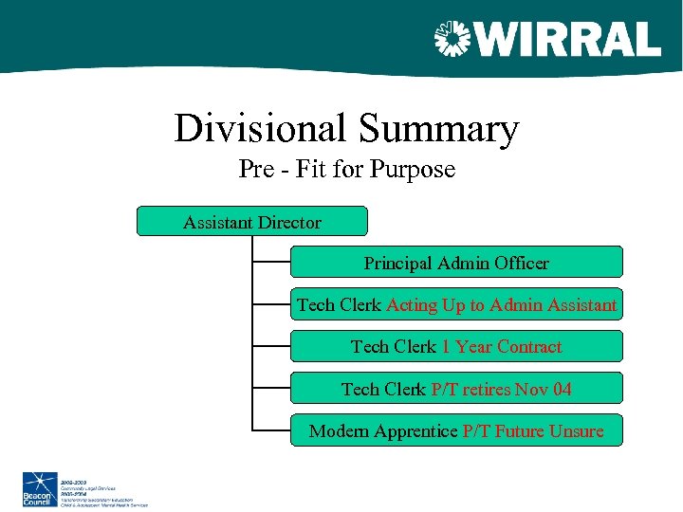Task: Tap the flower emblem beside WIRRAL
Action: click(x=452, y=40)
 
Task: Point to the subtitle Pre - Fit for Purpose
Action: click(x=346, y=170)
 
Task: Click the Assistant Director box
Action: click(x=252, y=223)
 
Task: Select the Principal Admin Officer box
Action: click(x=456, y=263)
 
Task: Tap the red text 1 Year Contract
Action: click(x=501, y=347)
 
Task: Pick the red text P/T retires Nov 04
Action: click(x=501, y=389)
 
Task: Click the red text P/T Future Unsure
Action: click(x=532, y=431)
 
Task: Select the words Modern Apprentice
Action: click(x=383, y=431)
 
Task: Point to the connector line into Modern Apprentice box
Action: click(x=271, y=430)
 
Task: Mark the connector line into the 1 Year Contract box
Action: click(x=271, y=346)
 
